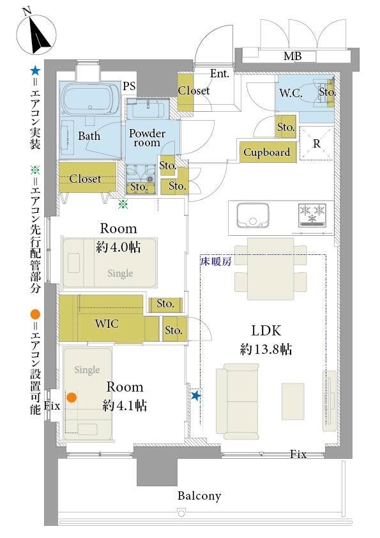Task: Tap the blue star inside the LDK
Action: click(196, 396)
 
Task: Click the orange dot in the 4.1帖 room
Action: click(72, 397)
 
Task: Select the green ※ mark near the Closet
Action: click(123, 204)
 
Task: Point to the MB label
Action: click(293, 56)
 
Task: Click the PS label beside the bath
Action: click(129, 86)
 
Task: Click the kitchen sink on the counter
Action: click(253, 215)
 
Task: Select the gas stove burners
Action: click(312, 215)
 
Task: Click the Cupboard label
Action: click(267, 152)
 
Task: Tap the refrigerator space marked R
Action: click(317, 143)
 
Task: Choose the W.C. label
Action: click(291, 93)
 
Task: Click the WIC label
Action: click(107, 323)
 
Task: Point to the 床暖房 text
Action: click(216, 262)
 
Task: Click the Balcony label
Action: click(199, 496)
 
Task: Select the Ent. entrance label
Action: click(220, 73)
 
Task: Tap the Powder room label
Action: click(147, 137)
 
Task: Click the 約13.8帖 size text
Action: click(266, 350)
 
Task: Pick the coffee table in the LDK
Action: click(293, 401)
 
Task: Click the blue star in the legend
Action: click(35, 71)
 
